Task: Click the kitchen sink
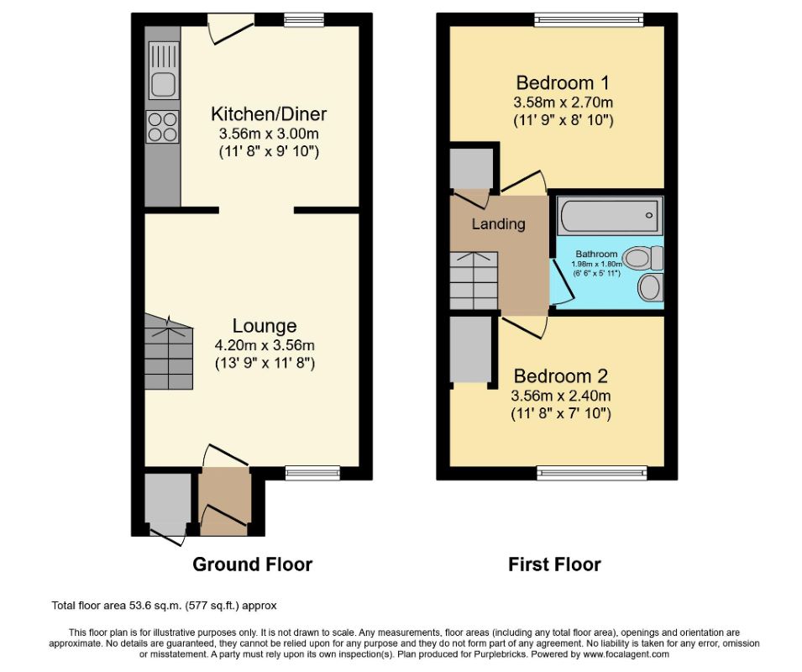163,83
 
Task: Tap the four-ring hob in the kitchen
162,126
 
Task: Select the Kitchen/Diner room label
269,114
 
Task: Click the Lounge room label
265,326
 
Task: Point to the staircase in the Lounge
169,351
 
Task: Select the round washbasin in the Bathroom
649,288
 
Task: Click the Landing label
498,224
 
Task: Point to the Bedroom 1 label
562,83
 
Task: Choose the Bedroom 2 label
560,376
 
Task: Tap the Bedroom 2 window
592,474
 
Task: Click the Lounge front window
312,474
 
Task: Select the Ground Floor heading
252,564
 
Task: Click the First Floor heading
554,564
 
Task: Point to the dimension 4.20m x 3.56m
265,345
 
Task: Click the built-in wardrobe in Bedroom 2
470,349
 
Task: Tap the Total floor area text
164,605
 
